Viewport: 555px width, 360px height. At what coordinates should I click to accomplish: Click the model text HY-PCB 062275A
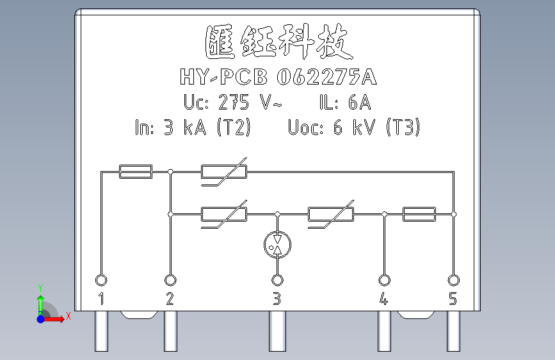(278, 78)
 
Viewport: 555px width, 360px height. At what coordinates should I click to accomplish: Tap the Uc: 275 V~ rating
(232, 102)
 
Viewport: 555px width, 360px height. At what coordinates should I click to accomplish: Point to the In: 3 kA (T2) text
(192, 128)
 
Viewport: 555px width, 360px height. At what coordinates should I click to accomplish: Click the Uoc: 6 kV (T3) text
(354, 128)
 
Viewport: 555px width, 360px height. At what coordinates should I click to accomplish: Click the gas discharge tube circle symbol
(277, 243)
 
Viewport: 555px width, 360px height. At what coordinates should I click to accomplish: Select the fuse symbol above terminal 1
(136, 171)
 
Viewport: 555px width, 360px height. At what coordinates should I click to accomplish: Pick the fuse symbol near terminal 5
(419, 214)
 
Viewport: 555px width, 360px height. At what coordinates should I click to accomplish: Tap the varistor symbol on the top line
(224, 172)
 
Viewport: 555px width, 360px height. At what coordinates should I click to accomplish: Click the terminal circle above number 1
(101, 280)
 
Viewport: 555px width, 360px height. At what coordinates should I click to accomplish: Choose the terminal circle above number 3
(277, 280)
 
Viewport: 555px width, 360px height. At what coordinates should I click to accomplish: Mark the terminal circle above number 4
(384, 280)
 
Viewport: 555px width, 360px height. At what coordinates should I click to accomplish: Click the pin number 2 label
(170, 299)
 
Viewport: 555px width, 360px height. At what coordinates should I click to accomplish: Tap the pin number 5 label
(453, 299)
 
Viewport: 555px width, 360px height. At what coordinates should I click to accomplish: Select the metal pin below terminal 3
(277, 331)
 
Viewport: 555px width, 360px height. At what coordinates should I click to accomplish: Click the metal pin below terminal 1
(101, 331)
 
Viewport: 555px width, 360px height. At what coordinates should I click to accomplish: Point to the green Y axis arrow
(40, 300)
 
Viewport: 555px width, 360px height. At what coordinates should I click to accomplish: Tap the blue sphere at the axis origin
(40, 318)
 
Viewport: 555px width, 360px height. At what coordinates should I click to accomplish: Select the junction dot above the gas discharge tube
(277, 214)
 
